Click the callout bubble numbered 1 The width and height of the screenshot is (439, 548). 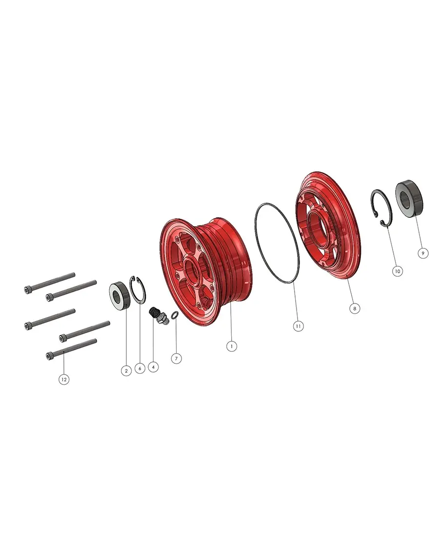coord(232,346)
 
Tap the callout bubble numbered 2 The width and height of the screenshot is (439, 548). coord(126,371)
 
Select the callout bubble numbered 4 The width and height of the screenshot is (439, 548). coord(154,366)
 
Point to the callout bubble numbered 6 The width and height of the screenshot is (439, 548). coord(140,369)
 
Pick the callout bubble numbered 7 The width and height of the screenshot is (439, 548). coord(177,358)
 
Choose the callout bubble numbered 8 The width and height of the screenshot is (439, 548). coord(355,308)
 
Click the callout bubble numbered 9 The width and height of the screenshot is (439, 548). coord(423,253)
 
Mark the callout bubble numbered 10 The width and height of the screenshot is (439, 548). coord(398,271)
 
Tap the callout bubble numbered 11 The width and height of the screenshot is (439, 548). coord(299,325)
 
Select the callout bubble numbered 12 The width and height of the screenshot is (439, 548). coord(63,378)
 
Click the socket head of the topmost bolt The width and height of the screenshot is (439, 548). coord(27,290)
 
